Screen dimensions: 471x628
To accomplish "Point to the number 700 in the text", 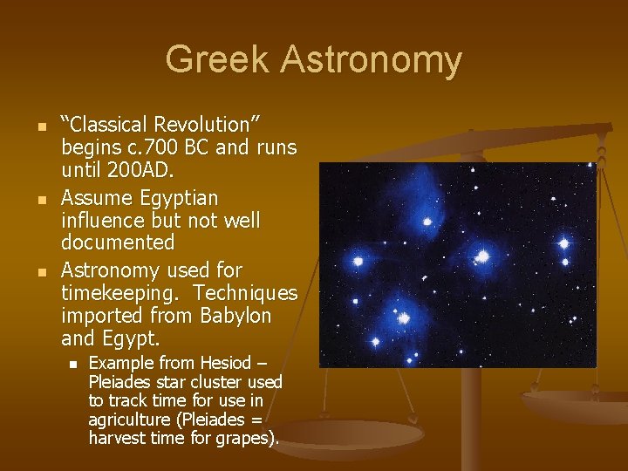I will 181,147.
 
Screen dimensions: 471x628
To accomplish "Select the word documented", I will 118,242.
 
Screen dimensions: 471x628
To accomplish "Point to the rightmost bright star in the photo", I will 563,243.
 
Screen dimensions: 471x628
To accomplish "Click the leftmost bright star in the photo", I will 357,261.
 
